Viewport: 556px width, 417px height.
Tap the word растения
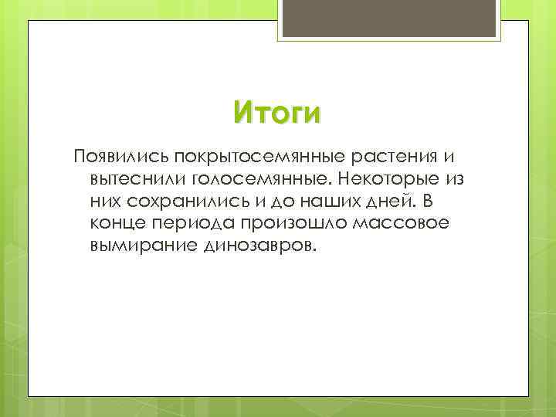pos(393,157)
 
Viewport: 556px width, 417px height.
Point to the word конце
pos(115,224)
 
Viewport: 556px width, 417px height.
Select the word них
pos(103,202)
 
